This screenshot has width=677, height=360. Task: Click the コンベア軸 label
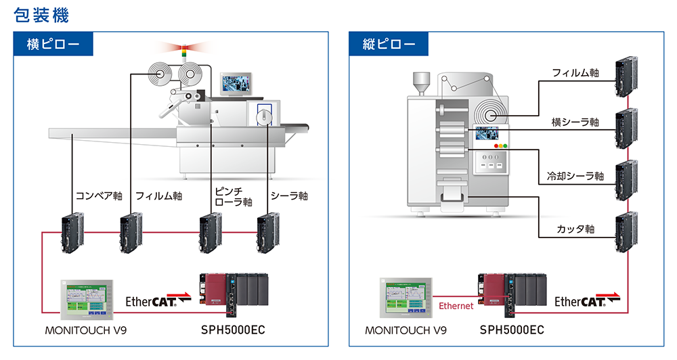pyautogui.click(x=99, y=196)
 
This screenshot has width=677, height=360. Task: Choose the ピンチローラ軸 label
pyautogui.click(x=233, y=196)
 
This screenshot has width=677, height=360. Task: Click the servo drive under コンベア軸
pyautogui.click(x=71, y=233)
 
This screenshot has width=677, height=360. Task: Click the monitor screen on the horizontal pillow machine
pyautogui.click(x=236, y=83)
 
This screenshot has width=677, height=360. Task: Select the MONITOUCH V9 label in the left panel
pyautogui.click(x=85, y=331)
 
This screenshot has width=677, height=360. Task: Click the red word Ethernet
pyautogui.click(x=456, y=306)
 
